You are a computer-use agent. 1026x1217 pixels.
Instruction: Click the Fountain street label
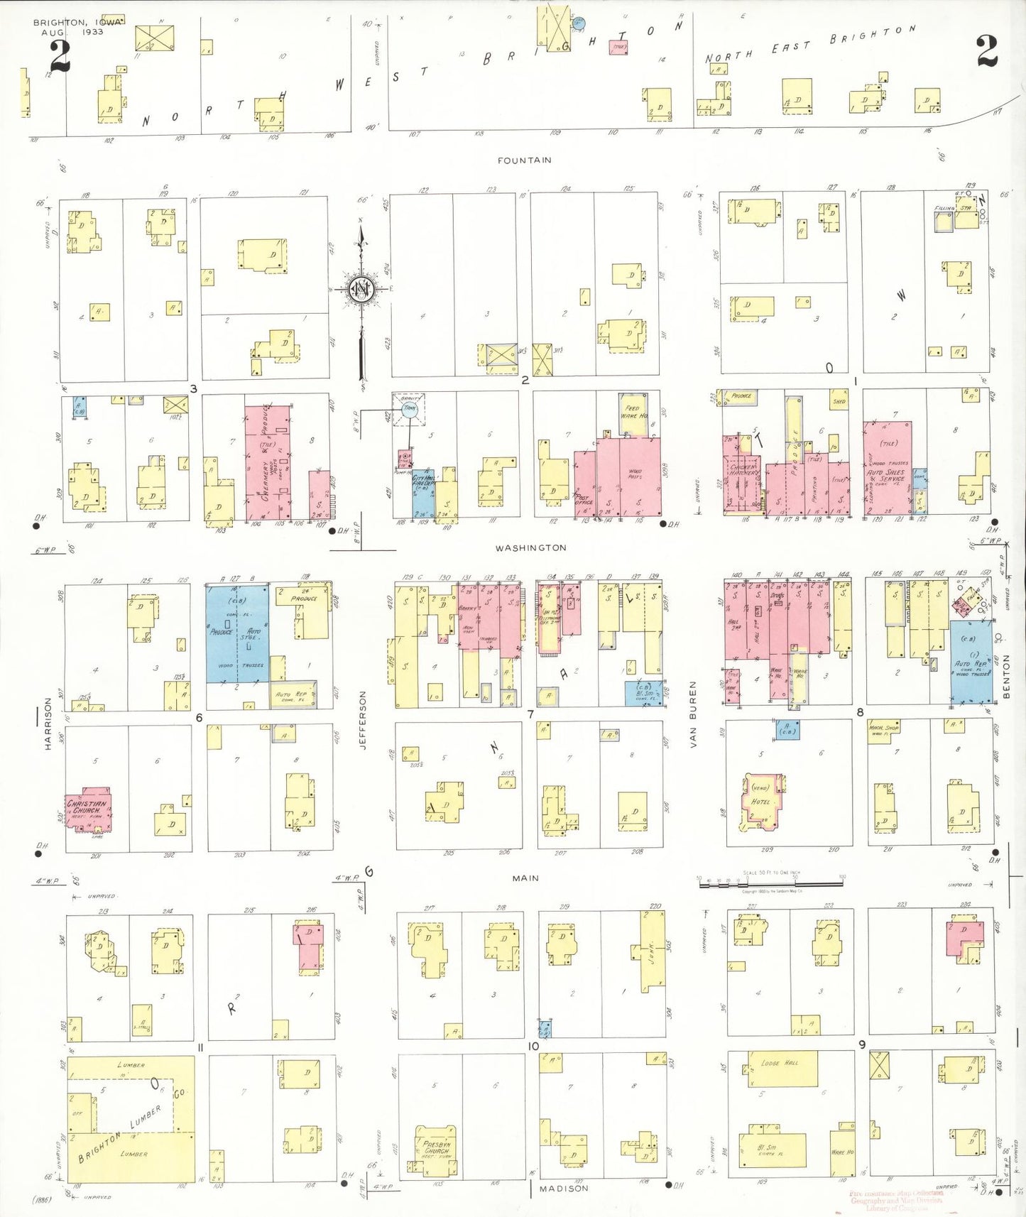point(524,160)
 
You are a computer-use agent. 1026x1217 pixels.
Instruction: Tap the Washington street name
point(530,547)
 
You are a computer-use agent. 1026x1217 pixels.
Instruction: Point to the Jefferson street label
point(363,720)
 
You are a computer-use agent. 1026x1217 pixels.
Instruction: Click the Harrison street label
point(48,724)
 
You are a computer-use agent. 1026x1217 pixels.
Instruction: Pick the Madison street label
point(563,1188)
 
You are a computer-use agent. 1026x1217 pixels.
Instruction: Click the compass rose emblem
point(362,290)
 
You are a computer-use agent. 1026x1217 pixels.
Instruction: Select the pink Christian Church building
point(88,809)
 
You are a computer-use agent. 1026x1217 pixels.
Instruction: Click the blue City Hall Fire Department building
point(424,491)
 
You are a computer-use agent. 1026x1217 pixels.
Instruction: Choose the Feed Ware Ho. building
point(633,415)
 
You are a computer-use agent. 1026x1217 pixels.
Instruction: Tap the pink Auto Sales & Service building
point(888,469)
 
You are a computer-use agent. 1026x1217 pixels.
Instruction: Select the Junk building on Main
point(652,951)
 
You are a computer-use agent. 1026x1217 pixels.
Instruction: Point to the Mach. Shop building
point(883,729)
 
